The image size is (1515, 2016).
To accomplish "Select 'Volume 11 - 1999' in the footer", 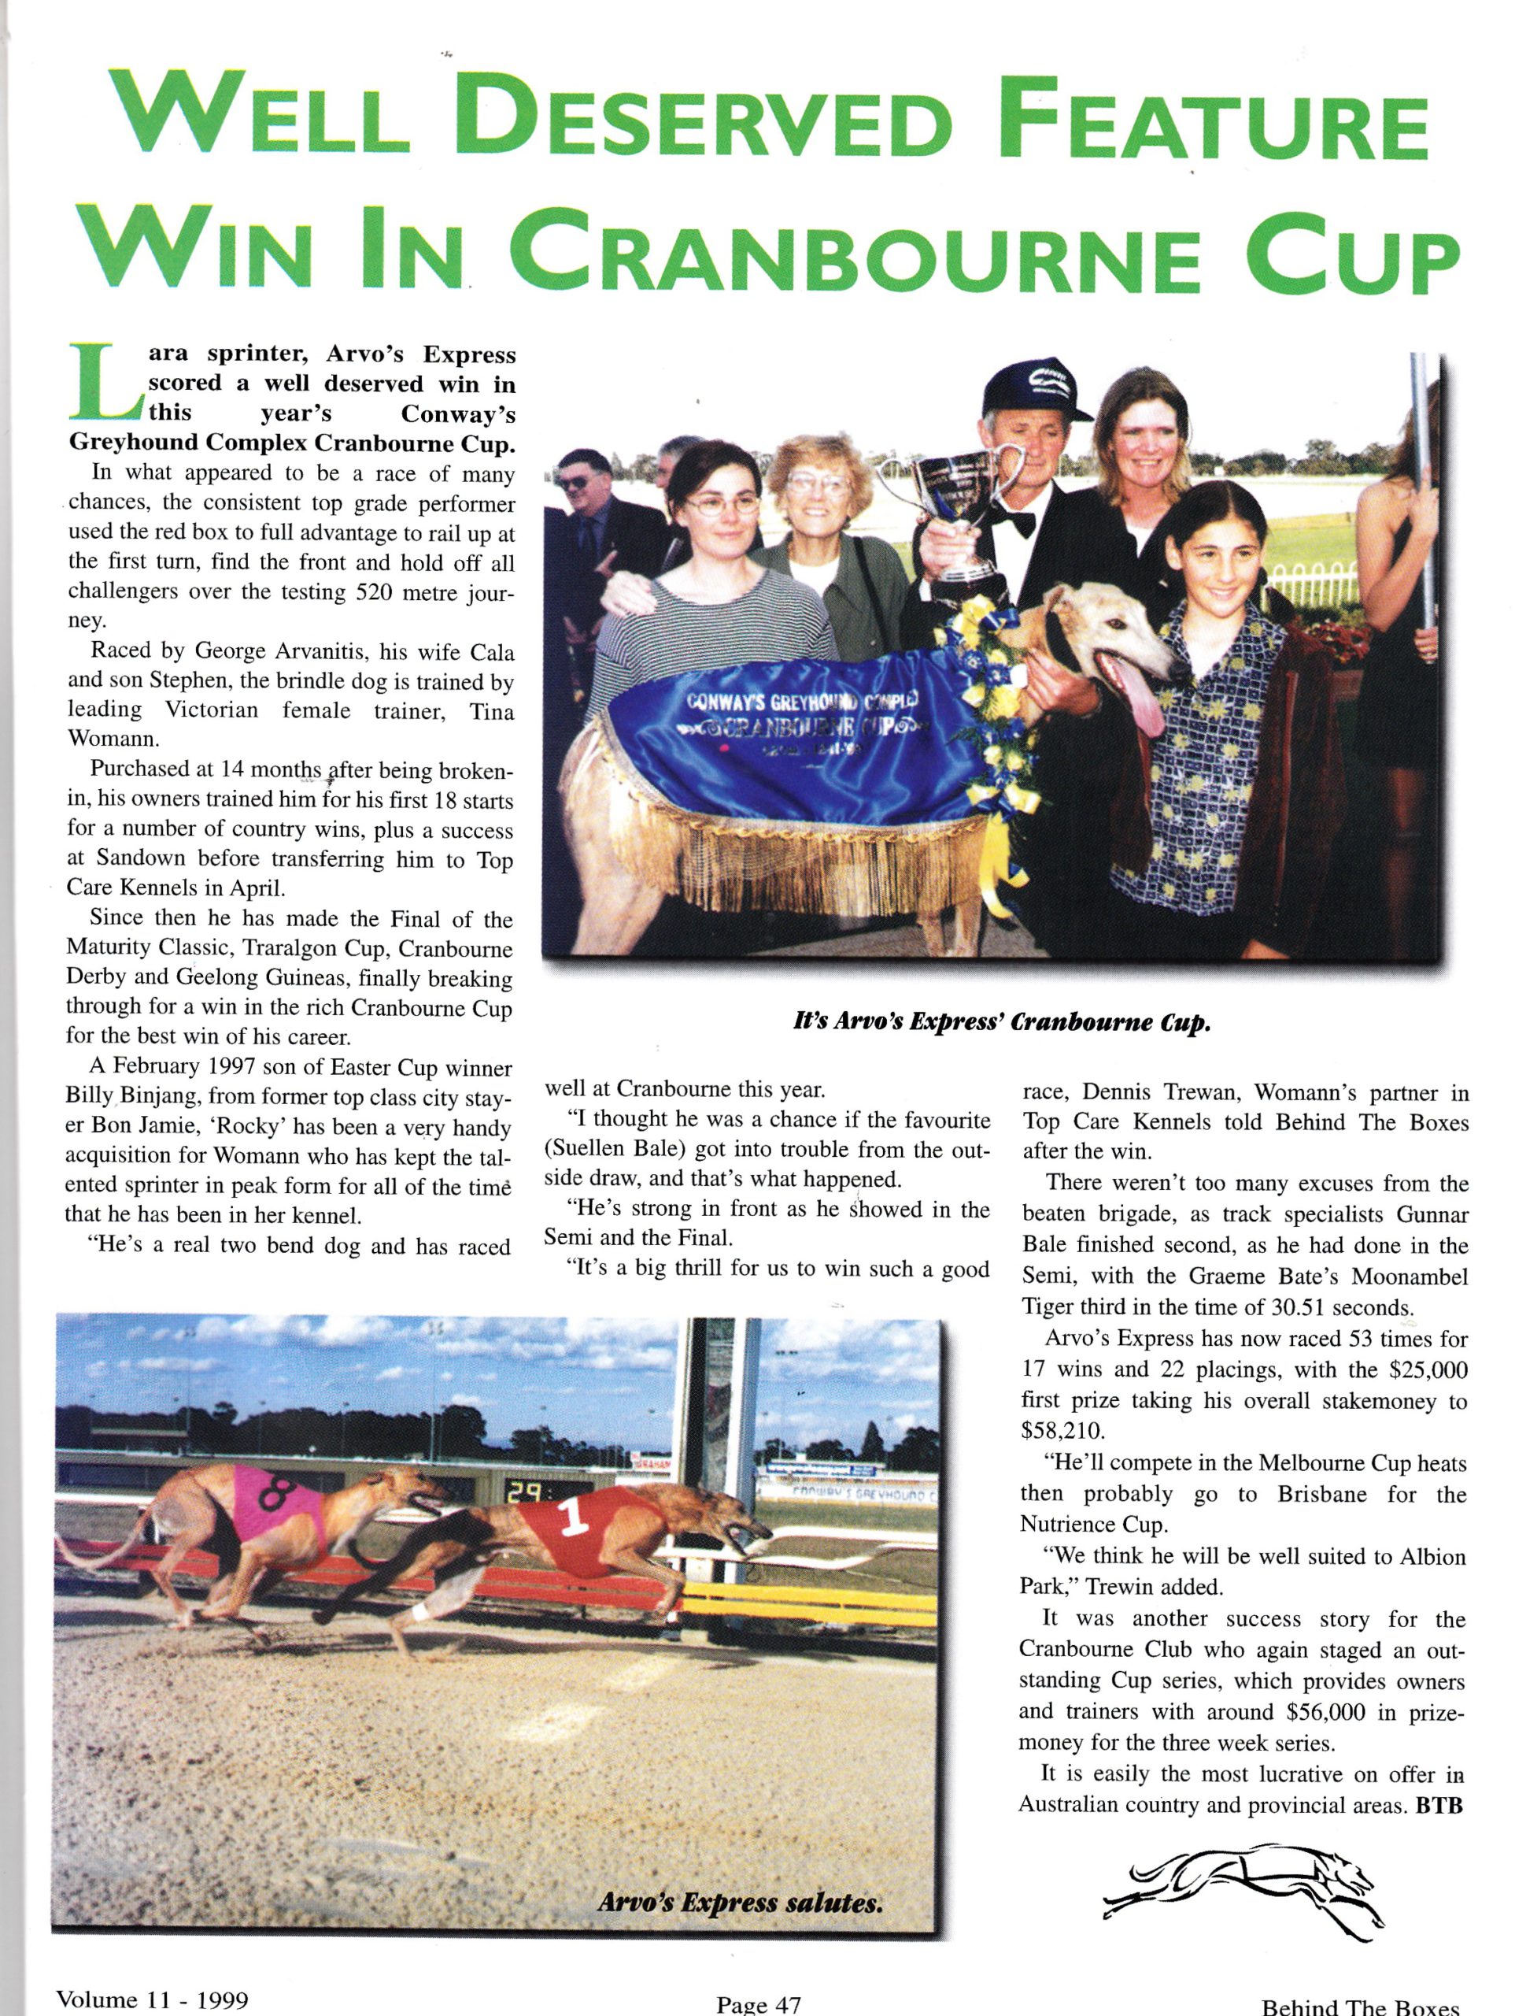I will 152,1999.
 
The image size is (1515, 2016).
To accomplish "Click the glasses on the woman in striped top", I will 721,502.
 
